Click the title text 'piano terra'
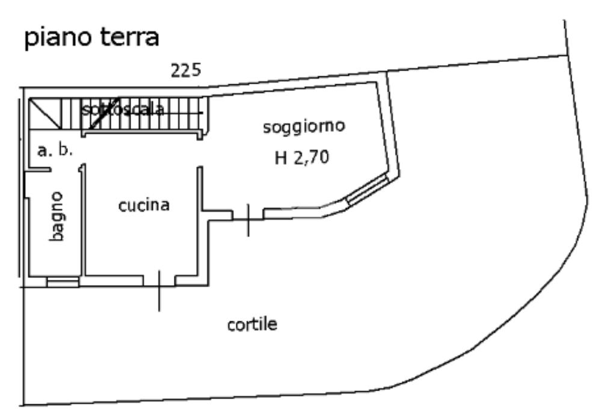(91, 38)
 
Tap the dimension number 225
(186, 72)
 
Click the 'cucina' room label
(144, 205)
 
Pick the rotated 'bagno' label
(57, 217)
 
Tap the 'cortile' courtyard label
(252, 325)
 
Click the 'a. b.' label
(55, 150)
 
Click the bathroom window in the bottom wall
(63, 281)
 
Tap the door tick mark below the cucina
(159, 291)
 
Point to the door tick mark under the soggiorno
(248, 220)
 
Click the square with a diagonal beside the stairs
(45, 113)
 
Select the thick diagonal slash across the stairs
(106, 114)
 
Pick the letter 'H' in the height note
(280, 160)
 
